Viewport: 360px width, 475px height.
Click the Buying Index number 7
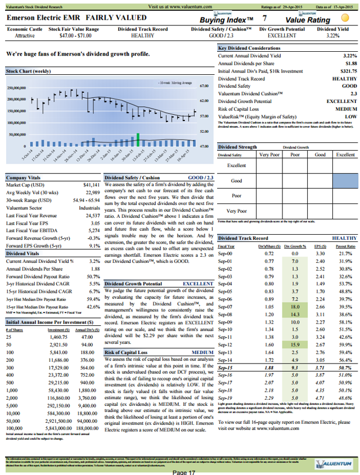pyautogui.click(x=264, y=19)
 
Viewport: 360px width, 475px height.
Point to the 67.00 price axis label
pyautogui.click(x=204, y=86)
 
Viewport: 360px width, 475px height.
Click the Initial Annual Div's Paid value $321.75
pyautogui.click(x=343, y=71)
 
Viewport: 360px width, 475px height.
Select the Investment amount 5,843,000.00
pyautogui.click(x=54, y=413)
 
